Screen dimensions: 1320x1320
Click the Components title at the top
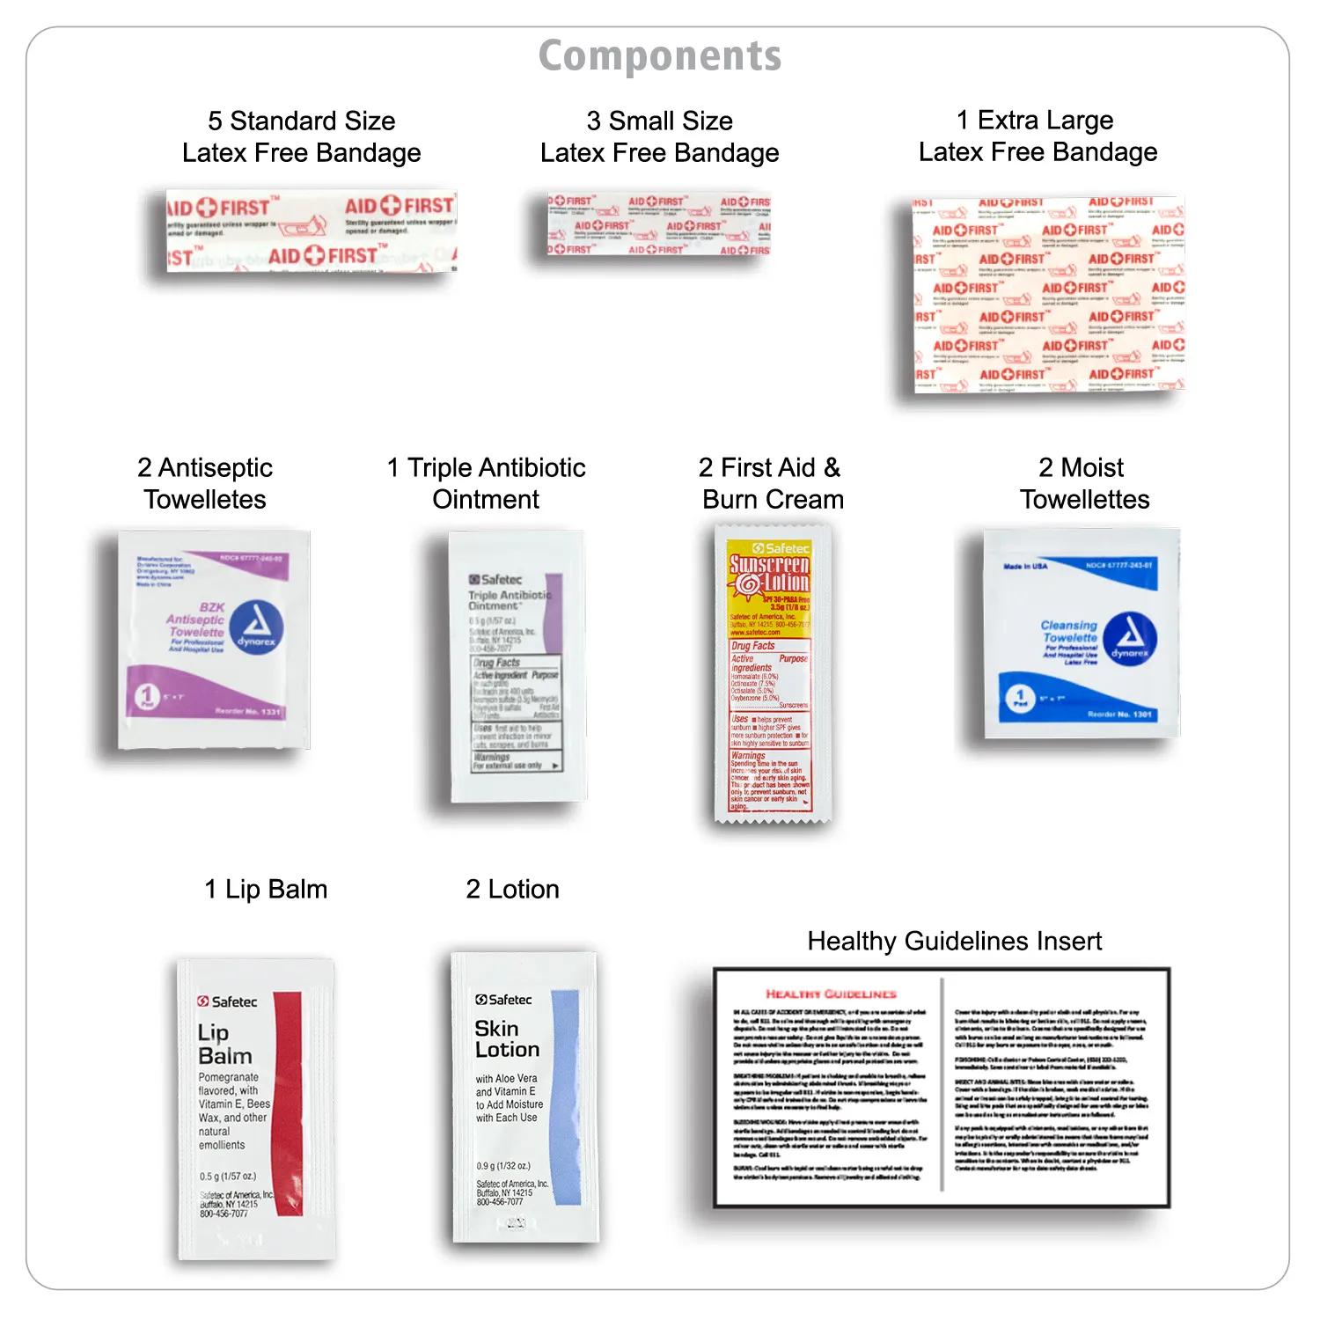[x=660, y=56]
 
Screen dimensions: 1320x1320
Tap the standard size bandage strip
[x=312, y=231]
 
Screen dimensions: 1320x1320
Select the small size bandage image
[x=658, y=225]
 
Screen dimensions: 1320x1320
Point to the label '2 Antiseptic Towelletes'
[x=205, y=483]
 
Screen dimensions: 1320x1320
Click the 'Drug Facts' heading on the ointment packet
[x=496, y=663]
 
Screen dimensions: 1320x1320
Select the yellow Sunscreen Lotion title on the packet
[x=770, y=573]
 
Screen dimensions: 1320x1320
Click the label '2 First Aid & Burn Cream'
[x=772, y=483]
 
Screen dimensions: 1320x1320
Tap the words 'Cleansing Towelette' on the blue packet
[x=1069, y=631]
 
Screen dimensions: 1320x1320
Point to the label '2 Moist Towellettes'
[x=1084, y=483]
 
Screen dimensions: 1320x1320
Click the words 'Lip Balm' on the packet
[x=224, y=1044]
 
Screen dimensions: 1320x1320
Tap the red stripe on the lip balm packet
[x=288, y=1104]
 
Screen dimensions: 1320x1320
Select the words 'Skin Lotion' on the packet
[x=506, y=1039]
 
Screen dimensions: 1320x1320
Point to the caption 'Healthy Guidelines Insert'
[x=954, y=941]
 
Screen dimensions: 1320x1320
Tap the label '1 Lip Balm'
[x=266, y=890]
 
